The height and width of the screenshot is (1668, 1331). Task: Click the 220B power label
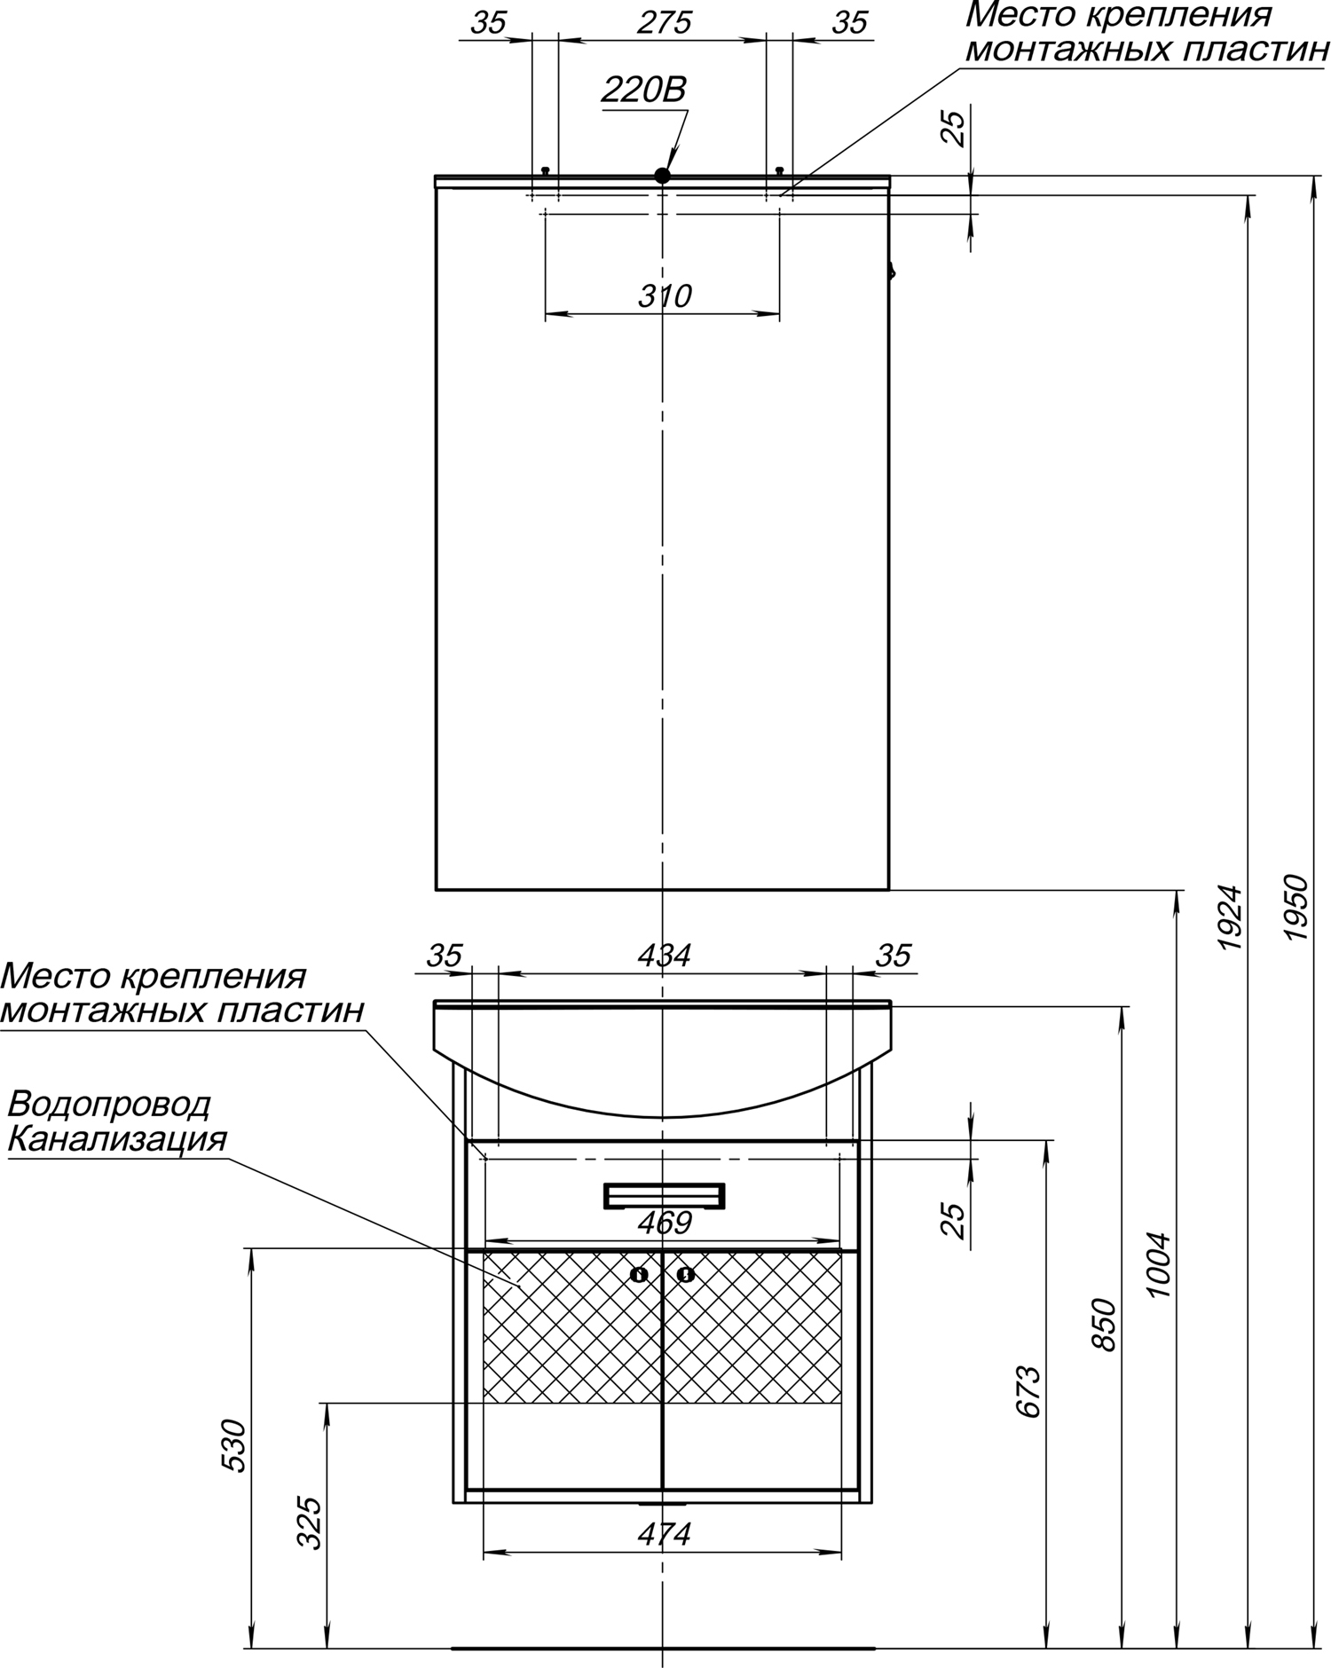click(x=644, y=90)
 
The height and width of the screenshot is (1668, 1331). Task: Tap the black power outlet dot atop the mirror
click(x=662, y=176)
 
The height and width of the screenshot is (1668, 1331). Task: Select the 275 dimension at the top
click(x=664, y=23)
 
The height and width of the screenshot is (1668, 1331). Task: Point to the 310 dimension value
click(x=665, y=295)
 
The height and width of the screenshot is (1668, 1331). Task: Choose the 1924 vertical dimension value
click(x=1230, y=917)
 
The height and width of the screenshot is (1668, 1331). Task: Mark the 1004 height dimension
click(x=1159, y=1265)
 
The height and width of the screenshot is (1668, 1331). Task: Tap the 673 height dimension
click(x=1028, y=1391)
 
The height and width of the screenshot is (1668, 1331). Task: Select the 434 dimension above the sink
click(x=664, y=956)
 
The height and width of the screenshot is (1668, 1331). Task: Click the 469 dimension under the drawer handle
click(x=665, y=1223)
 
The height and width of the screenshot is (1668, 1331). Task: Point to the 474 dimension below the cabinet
click(x=664, y=1533)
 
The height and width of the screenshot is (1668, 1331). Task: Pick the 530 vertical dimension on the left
click(x=232, y=1446)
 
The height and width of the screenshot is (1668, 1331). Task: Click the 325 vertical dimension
click(x=308, y=1522)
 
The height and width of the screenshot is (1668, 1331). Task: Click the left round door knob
click(x=640, y=1275)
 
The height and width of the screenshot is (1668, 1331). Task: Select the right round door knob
click(x=686, y=1275)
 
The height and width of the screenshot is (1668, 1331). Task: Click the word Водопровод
click(x=109, y=1105)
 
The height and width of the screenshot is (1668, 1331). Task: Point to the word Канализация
click(x=117, y=1139)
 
